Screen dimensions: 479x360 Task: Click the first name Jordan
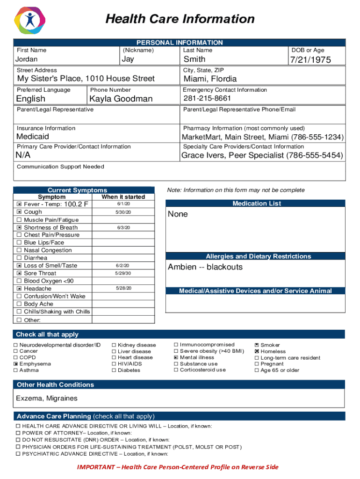[27, 59]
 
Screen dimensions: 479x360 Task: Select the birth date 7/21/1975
[310, 59]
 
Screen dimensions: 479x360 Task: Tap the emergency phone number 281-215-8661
[207, 98]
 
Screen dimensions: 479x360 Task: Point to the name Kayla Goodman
[121, 99]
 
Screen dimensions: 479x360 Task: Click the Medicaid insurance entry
[33, 137]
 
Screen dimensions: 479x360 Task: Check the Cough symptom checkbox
[19, 212]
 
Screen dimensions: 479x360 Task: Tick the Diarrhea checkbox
[19, 258]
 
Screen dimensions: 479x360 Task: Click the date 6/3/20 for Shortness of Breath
[123, 228]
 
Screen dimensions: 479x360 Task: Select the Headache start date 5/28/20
[123, 288]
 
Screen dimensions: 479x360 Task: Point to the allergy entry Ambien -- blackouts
[205, 267]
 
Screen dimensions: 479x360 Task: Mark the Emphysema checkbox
[16, 364]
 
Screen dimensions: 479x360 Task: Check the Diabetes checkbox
[114, 370]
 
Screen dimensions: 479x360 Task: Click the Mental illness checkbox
[176, 357]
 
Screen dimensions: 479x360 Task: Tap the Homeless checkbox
[256, 351]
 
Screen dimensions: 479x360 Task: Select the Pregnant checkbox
[256, 364]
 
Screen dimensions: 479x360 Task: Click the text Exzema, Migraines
[47, 399]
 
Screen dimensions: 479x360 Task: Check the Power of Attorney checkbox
[18, 433]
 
